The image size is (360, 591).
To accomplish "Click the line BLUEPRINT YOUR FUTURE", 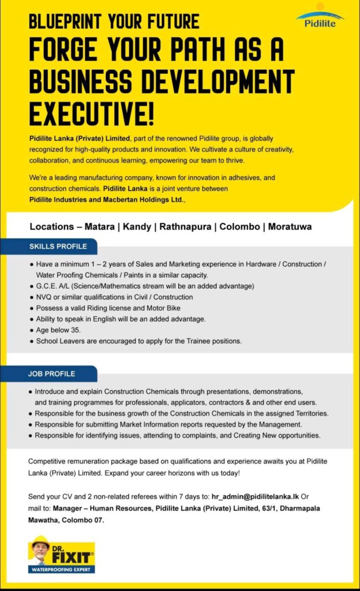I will click(114, 22).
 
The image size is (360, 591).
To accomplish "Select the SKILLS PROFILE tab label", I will click(58, 246).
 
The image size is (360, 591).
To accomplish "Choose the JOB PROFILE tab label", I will click(52, 373).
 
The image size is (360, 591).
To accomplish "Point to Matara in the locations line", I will click(99, 227).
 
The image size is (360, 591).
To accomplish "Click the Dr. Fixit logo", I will click(62, 554).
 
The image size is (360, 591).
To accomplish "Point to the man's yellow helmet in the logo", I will click(40, 540).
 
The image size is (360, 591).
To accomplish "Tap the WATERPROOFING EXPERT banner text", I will click(62, 570).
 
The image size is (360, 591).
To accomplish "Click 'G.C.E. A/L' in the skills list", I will click(53, 286).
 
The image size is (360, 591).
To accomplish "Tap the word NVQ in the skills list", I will click(44, 297).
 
